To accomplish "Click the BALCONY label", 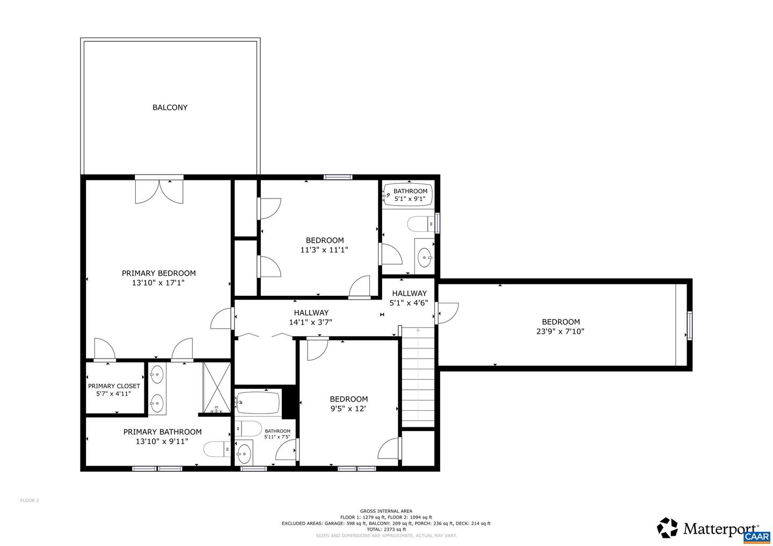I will (170, 107).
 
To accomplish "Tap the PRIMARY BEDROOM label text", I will (158, 273).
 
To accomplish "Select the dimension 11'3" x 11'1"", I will (324, 250).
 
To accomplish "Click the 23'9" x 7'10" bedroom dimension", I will (560, 331).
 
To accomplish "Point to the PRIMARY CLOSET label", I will (114, 386).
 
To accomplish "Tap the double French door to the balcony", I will (159, 191).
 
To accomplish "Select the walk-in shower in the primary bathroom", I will (216, 388).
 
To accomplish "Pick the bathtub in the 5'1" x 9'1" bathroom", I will (410, 195).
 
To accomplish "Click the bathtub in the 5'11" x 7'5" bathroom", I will (258, 403).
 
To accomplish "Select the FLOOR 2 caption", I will (30, 500).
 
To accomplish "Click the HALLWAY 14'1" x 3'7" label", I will (311, 317).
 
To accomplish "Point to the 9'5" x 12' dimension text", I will (348, 409).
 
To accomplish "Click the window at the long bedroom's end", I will (690, 325).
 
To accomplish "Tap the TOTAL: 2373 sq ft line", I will (386, 529).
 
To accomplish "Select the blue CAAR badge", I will (757, 536).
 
